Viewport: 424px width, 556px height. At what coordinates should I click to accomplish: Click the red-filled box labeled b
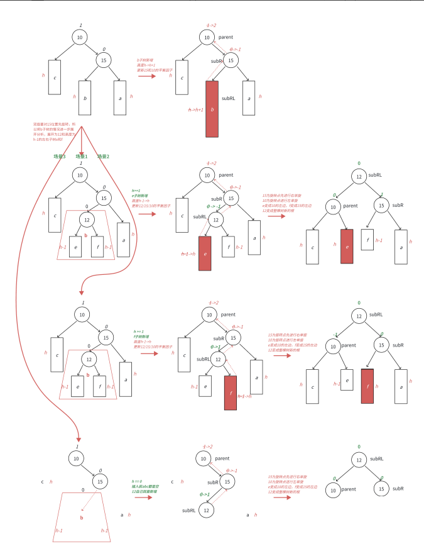[213, 106]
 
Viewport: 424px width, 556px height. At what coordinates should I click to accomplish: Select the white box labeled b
[85, 98]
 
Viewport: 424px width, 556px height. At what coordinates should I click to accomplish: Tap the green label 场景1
[82, 156]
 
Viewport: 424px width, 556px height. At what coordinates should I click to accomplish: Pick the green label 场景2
[102, 156]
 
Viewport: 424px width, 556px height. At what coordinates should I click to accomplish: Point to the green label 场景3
[60, 156]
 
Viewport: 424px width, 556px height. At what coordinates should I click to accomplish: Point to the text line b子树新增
[145, 60]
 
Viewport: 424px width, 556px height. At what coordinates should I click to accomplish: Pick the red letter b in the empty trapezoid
[82, 518]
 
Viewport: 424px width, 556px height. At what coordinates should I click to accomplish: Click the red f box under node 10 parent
[367, 386]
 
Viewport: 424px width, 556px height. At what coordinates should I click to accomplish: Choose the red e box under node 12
[205, 253]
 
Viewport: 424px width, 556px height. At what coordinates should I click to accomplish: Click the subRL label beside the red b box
[229, 99]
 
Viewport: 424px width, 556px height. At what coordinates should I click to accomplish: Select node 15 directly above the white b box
[103, 60]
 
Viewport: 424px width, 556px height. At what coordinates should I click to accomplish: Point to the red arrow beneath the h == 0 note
[144, 497]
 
